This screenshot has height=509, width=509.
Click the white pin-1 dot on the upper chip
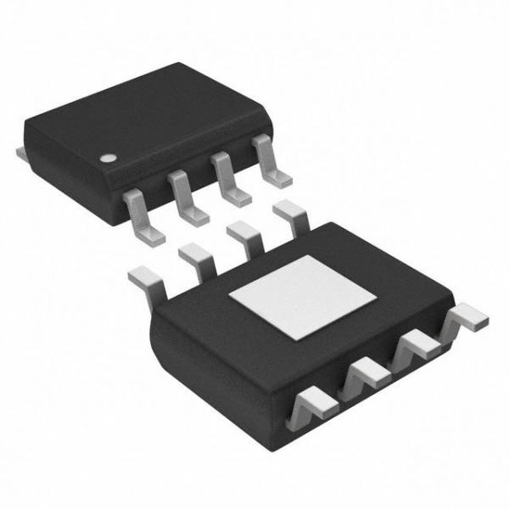(x=108, y=158)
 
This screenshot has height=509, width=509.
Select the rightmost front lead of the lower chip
(x=466, y=318)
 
